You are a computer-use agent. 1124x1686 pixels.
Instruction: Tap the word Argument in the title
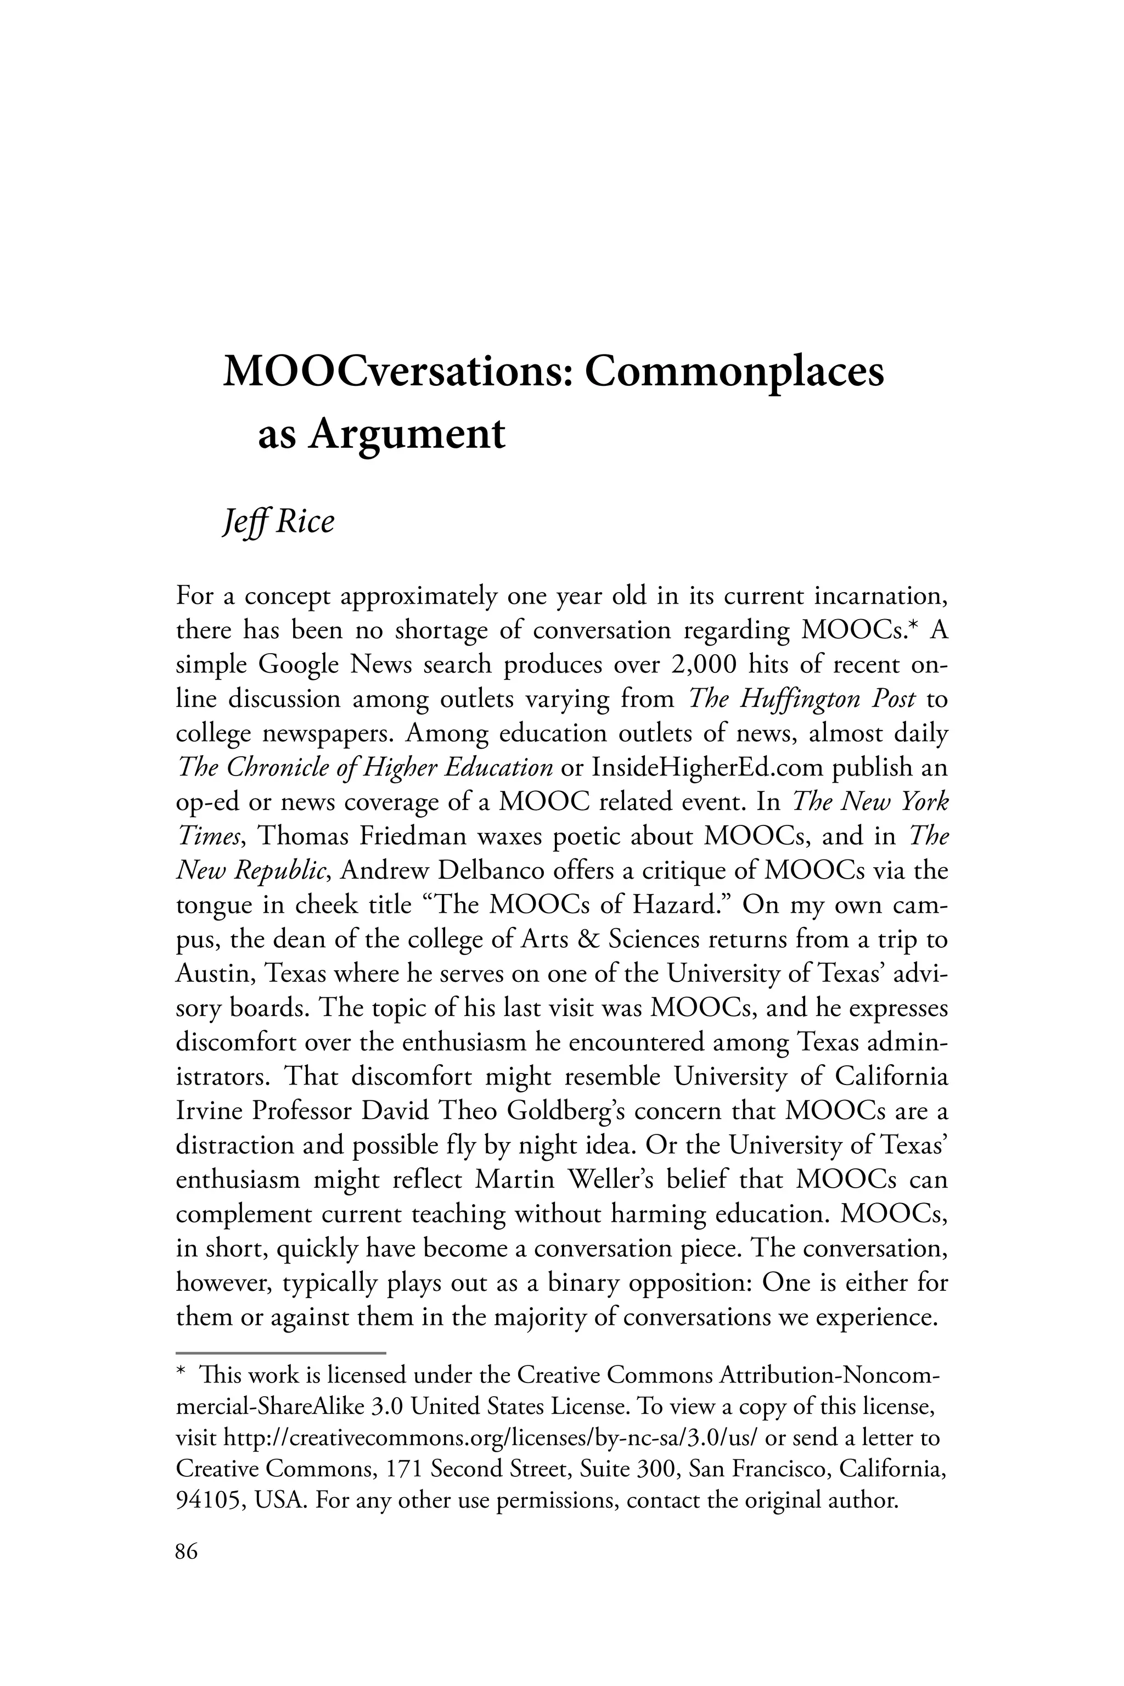point(407,435)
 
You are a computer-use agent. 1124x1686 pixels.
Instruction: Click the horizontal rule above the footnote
point(281,1353)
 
